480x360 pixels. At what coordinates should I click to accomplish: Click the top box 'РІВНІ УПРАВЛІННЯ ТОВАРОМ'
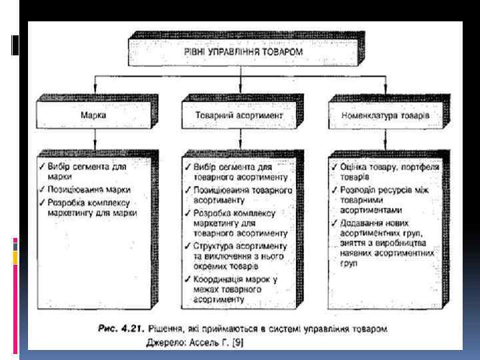tap(241, 51)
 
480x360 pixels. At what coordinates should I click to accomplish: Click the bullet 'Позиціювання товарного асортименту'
tap(240, 194)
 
